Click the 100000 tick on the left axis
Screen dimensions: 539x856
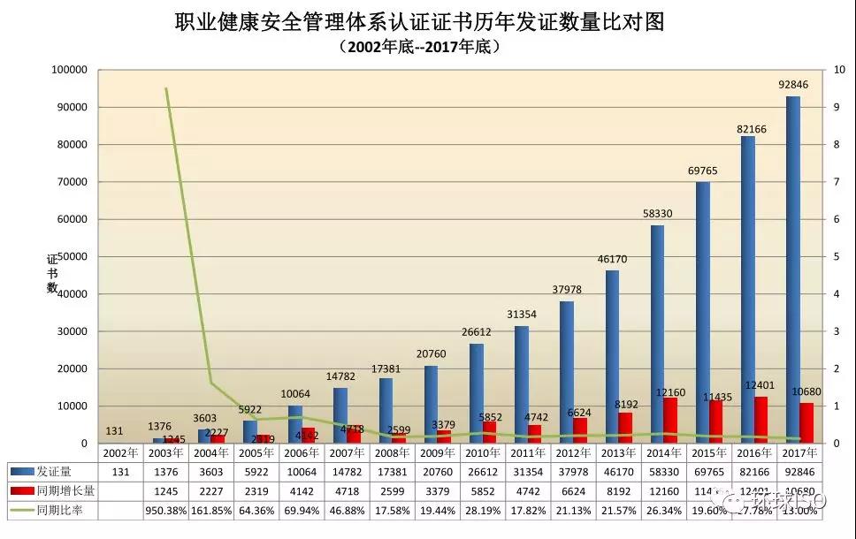(70, 70)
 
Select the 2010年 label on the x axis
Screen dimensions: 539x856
(483, 452)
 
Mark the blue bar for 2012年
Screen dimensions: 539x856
(566, 372)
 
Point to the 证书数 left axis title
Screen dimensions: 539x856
(52, 274)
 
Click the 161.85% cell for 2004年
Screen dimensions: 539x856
(210, 511)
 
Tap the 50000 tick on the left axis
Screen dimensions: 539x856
(73, 256)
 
